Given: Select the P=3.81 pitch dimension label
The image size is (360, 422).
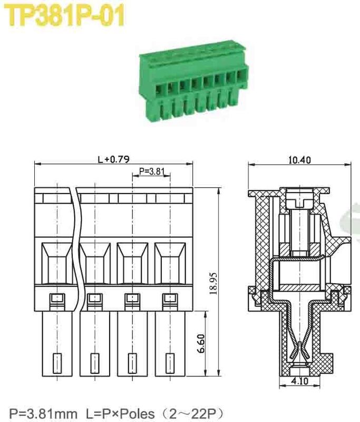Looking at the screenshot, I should click(151, 171).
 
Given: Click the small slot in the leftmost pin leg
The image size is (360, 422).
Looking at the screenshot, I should click(56, 363).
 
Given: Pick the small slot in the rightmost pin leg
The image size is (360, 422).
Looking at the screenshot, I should click(170, 363).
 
